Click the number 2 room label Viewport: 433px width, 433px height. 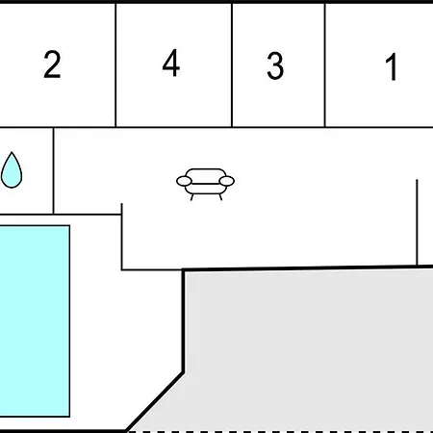point(52,64)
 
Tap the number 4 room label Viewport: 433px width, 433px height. point(171,63)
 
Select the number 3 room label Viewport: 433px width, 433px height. point(275,65)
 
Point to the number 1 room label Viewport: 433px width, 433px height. point(392,67)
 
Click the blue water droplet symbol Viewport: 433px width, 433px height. point(12,170)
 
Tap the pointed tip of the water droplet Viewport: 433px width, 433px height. point(12,152)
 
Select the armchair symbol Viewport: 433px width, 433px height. point(205,184)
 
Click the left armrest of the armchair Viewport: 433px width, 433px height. point(184,181)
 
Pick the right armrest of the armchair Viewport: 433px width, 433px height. point(227,181)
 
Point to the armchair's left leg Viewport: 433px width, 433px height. point(191,197)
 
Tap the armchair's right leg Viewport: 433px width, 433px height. point(220,197)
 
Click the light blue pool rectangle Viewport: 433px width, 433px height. point(35,321)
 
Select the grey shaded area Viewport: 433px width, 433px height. point(308,349)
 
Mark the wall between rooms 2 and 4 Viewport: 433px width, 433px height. point(115,65)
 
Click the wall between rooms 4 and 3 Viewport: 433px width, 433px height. point(232,65)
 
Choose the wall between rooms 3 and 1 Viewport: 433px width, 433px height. point(325,65)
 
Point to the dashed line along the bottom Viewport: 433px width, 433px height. point(280,432)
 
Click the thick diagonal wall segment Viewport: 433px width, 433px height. point(155,401)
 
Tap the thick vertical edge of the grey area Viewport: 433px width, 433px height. point(183,320)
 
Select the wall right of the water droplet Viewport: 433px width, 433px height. point(53,170)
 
